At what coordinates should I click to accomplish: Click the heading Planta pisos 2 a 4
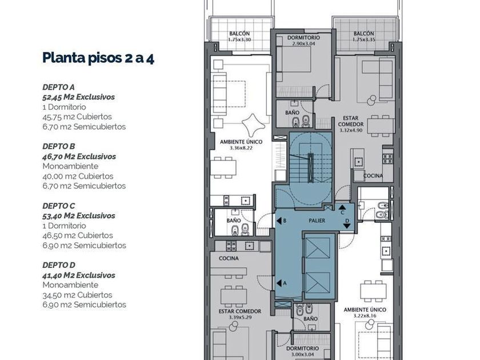pos(98,58)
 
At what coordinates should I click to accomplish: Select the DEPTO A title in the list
pos(58,87)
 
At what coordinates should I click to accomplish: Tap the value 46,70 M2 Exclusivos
pos(79,157)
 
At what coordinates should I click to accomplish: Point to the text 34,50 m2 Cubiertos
pos(77,295)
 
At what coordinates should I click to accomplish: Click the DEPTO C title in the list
pos(59,206)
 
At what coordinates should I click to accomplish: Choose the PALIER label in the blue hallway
pos(317,221)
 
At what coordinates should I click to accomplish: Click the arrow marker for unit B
pos(279,221)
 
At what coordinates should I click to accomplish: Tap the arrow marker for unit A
pos(279,283)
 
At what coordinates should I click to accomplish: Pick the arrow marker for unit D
pos(347,226)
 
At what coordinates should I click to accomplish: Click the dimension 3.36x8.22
pos(241,148)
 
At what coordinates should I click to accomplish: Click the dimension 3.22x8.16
pos(365,315)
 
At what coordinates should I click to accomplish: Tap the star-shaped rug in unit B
pos(253,125)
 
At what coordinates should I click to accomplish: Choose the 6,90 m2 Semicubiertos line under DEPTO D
pos(84,305)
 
